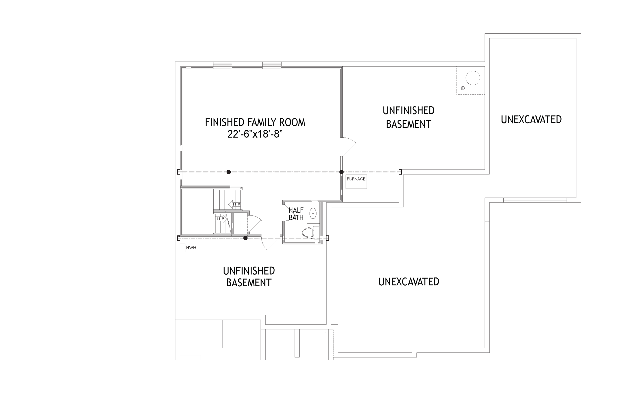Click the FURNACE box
point(356,182)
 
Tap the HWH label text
point(191,248)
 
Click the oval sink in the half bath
point(313,213)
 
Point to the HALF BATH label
point(296,214)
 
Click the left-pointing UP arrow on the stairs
point(234,205)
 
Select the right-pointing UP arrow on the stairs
point(221,219)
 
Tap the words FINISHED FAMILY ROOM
point(255,122)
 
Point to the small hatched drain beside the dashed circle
point(463,88)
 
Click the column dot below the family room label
point(229,172)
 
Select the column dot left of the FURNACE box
point(341,172)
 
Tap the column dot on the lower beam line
point(245,238)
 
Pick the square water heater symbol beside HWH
point(182,248)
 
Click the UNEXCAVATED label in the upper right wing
point(531,120)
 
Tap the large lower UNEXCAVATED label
point(409,282)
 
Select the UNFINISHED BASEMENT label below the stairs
point(249,277)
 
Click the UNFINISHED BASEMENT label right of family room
point(408,117)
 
